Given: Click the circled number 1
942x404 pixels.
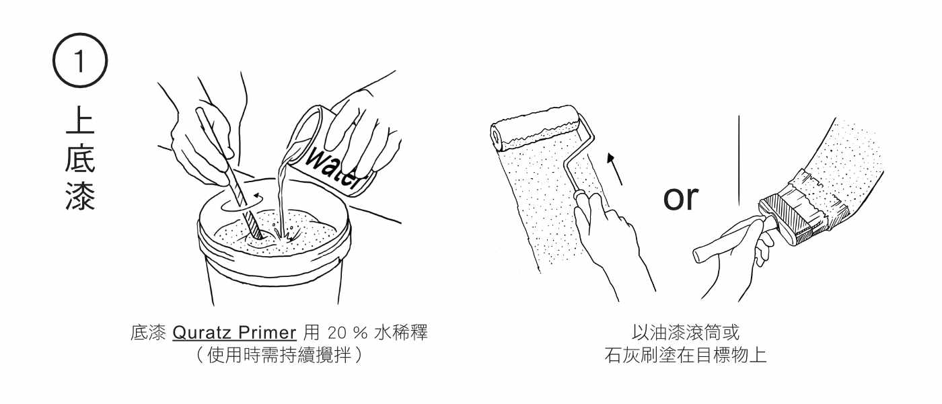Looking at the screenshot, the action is pyautogui.click(x=80, y=60).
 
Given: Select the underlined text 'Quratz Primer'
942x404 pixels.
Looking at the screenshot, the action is pyautogui.click(x=234, y=333).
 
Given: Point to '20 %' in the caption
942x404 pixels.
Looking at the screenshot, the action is pyautogui.click(x=348, y=333).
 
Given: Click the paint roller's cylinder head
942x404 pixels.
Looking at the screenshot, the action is pyautogui.click(x=536, y=128).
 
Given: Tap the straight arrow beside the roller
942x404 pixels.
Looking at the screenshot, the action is pyautogui.click(x=614, y=169).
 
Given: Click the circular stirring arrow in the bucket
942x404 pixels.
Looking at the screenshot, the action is pyautogui.click(x=242, y=203).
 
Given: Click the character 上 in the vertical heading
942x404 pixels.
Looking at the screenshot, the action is pyautogui.click(x=80, y=120).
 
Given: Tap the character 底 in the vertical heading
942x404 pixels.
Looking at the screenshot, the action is pyautogui.click(x=80, y=159).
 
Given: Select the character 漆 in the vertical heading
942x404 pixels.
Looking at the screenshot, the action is pyautogui.click(x=80, y=196).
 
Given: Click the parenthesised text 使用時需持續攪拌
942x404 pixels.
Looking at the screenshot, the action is pyautogui.click(x=279, y=355).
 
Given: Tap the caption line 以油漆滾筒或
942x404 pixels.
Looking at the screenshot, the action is pyautogui.click(x=686, y=333).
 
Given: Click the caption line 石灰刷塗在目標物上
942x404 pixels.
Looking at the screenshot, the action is pyautogui.click(x=686, y=356).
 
